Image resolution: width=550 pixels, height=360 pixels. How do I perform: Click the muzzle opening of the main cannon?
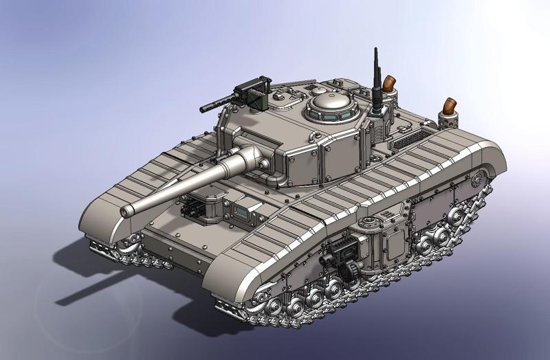point(126,212)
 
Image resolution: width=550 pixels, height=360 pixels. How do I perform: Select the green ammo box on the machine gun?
point(256,100)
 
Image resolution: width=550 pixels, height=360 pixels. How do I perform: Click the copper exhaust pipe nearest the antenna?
point(390,84)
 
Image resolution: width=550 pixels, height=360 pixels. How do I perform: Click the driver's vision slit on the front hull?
point(243,211)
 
